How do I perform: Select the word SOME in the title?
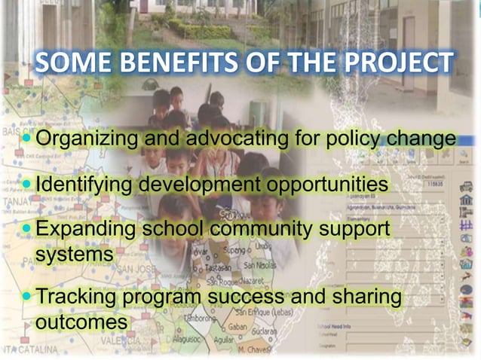69,65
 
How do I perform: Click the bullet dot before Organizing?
29,139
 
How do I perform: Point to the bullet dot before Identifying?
29,185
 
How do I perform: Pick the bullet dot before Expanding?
29,228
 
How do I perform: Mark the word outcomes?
81,322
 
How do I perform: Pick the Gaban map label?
237,327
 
